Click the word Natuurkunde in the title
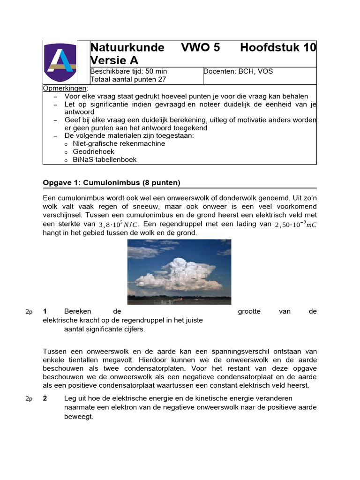(127, 48)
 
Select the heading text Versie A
(114, 60)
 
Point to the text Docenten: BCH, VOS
(238, 72)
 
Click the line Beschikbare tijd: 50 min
(128, 72)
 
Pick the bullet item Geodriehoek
(93, 151)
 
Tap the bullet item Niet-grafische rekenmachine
(119, 143)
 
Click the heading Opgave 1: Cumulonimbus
(112, 182)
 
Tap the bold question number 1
(45, 312)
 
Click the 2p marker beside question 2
(29, 399)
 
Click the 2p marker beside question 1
(29, 312)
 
